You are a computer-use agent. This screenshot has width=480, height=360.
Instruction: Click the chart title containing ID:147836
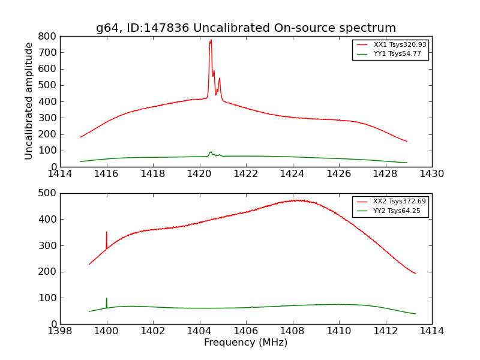[x=246, y=28]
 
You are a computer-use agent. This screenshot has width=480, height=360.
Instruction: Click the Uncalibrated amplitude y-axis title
[x=29, y=101]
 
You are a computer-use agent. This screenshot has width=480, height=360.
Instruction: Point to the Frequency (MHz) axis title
[x=245, y=343]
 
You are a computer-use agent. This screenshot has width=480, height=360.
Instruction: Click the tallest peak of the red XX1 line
[x=211, y=40]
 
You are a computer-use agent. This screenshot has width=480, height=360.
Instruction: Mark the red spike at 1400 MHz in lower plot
[x=107, y=232]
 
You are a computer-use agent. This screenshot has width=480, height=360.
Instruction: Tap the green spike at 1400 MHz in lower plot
[x=107, y=298]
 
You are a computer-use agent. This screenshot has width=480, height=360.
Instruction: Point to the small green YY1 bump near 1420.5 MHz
[x=211, y=152]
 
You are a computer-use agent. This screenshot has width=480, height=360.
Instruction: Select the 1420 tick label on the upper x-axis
[x=199, y=174]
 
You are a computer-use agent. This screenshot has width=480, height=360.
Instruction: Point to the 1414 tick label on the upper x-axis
[x=61, y=174]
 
